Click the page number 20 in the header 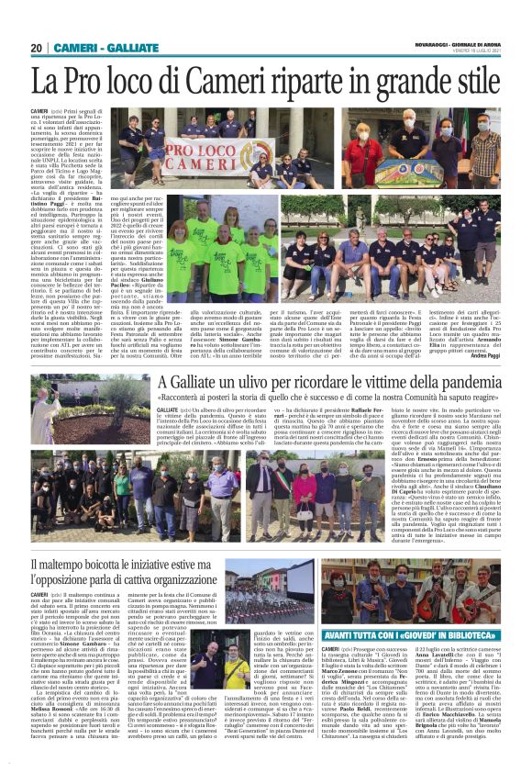37,48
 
